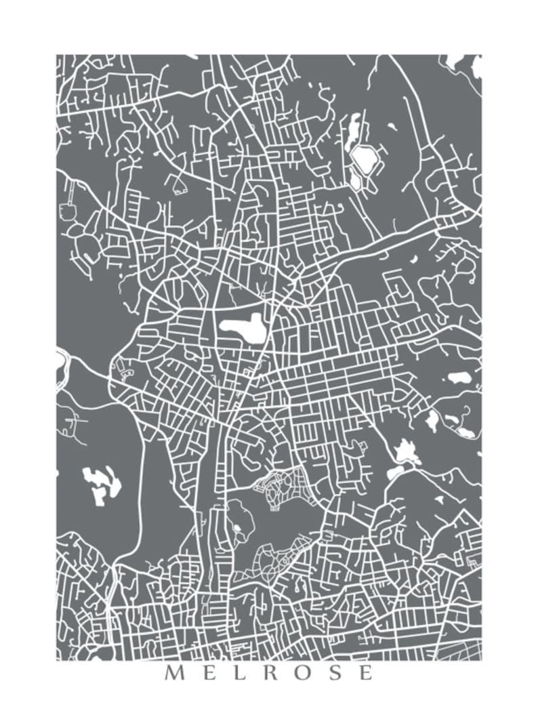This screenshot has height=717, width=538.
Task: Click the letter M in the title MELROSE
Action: [174, 673]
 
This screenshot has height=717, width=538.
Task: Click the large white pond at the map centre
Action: [241, 329]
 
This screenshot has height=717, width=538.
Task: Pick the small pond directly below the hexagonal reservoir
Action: [356, 182]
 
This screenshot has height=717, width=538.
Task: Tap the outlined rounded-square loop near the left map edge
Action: [68, 211]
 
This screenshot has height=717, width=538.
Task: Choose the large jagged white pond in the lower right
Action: [407, 451]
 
